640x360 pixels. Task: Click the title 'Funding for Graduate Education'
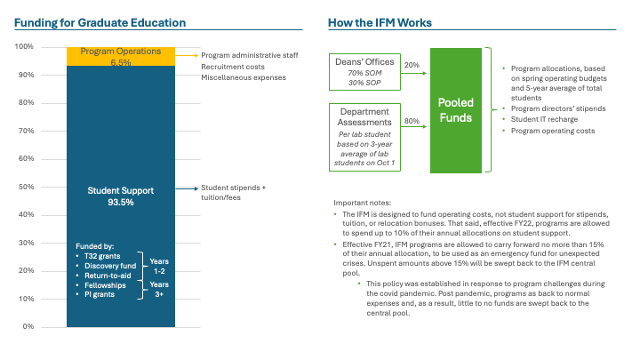pyautogui.click(x=100, y=21)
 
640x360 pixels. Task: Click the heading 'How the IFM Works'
pyautogui.click(x=380, y=21)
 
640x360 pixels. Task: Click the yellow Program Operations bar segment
pyautogui.click(x=120, y=56)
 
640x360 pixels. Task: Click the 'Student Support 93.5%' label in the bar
pyautogui.click(x=120, y=196)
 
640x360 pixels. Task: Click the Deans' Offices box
pyautogui.click(x=363, y=73)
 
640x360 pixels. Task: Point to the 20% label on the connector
pyautogui.click(x=412, y=65)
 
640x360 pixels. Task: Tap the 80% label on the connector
pyautogui.click(x=412, y=121)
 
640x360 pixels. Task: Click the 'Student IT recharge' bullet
pyautogui.click(x=543, y=118)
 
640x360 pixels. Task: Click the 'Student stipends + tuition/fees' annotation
pyautogui.click(x=233, y=192)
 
